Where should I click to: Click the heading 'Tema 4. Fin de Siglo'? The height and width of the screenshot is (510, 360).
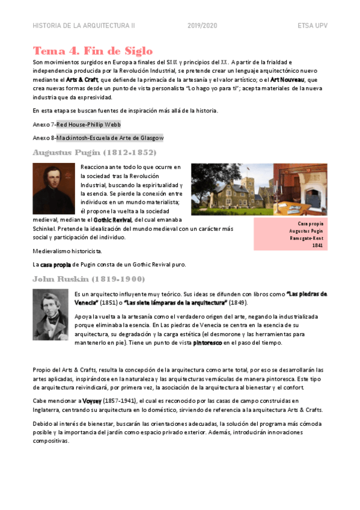pos(93,51)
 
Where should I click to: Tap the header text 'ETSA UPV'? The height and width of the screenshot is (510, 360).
pos(312,26)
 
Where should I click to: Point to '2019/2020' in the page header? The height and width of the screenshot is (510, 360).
pos(202,26)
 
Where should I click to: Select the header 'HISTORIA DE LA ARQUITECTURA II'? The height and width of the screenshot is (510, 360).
pos(84,26)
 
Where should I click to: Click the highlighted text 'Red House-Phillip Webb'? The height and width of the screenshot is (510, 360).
pos(88,124)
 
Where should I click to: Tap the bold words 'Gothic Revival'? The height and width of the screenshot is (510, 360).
pos(112,220)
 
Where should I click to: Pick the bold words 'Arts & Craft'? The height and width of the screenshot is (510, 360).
pos(82,79)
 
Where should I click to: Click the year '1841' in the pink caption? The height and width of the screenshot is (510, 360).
pos(317,245)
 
